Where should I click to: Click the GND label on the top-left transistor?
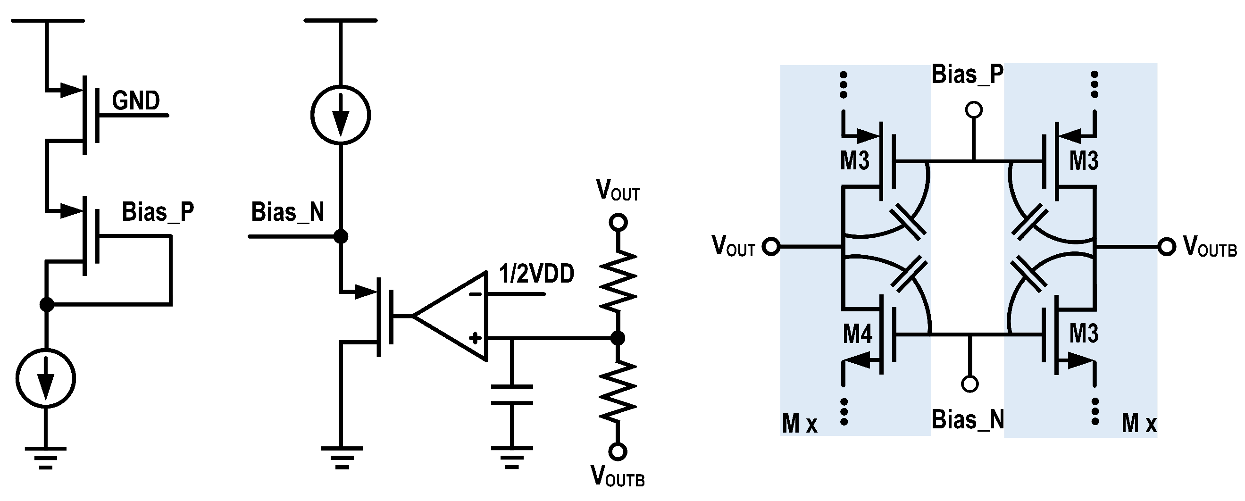[x=136, y=100]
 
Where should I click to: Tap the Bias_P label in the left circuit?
[x=158, y=212]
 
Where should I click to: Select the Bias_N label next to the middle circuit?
[x=288, y=212]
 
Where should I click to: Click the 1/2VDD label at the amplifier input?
[x=536, y=274]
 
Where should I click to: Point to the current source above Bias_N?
[x=341, y=115]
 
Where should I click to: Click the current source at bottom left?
[x=45, y=378]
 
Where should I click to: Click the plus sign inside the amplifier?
[x=476, y=338]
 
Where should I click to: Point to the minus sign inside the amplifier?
[x=476, y=294]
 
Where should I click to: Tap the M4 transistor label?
[x=857, y=334]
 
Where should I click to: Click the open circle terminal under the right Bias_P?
[x=974, y=110]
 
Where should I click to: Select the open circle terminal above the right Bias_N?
[x=970, y=384]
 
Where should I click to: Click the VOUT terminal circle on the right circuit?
[x=771, y=247]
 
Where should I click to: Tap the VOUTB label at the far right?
[x=1210, y=246]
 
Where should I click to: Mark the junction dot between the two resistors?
[x=617, y=338]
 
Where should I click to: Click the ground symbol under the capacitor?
[x=511, y=457]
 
